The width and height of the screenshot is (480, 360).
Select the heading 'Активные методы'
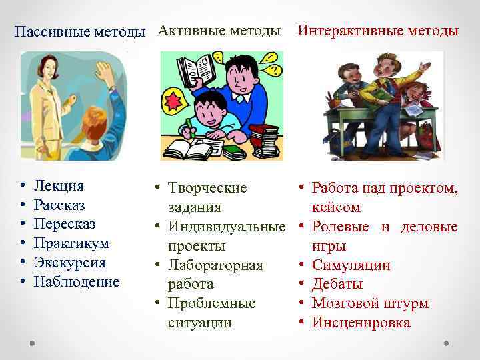coord(219,31)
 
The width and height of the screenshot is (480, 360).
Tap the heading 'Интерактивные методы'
coord(377,31)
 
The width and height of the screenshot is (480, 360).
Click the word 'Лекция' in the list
coord(59,186)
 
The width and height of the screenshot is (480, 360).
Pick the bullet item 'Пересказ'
coord(64,224)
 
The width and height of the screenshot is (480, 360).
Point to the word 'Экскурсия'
coord(69,263)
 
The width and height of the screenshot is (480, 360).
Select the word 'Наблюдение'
coord(77,281)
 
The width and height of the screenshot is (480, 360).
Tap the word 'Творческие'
coord(207,189)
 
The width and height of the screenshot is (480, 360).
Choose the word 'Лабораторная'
coord(215,265)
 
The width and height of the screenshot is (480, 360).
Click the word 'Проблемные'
coord(211,304)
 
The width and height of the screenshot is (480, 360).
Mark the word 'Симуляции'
coord(351,265)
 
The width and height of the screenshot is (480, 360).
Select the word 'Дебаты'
coord(337,285)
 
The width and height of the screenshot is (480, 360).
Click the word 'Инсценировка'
coord(361,323)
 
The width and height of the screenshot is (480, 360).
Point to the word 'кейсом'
coord(336,207)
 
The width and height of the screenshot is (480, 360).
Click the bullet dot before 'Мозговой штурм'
coord(301,304)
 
